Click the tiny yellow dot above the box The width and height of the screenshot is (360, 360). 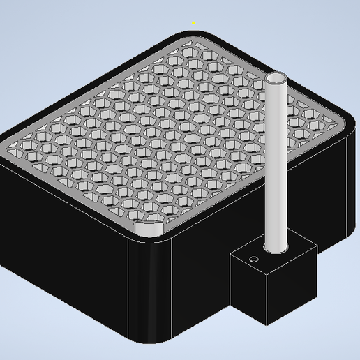coord(193,22)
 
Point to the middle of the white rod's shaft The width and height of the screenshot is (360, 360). coord(277,160)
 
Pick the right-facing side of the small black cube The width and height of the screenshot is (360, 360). coord(293,279)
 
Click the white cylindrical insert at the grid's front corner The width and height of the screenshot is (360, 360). coord(149,229)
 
